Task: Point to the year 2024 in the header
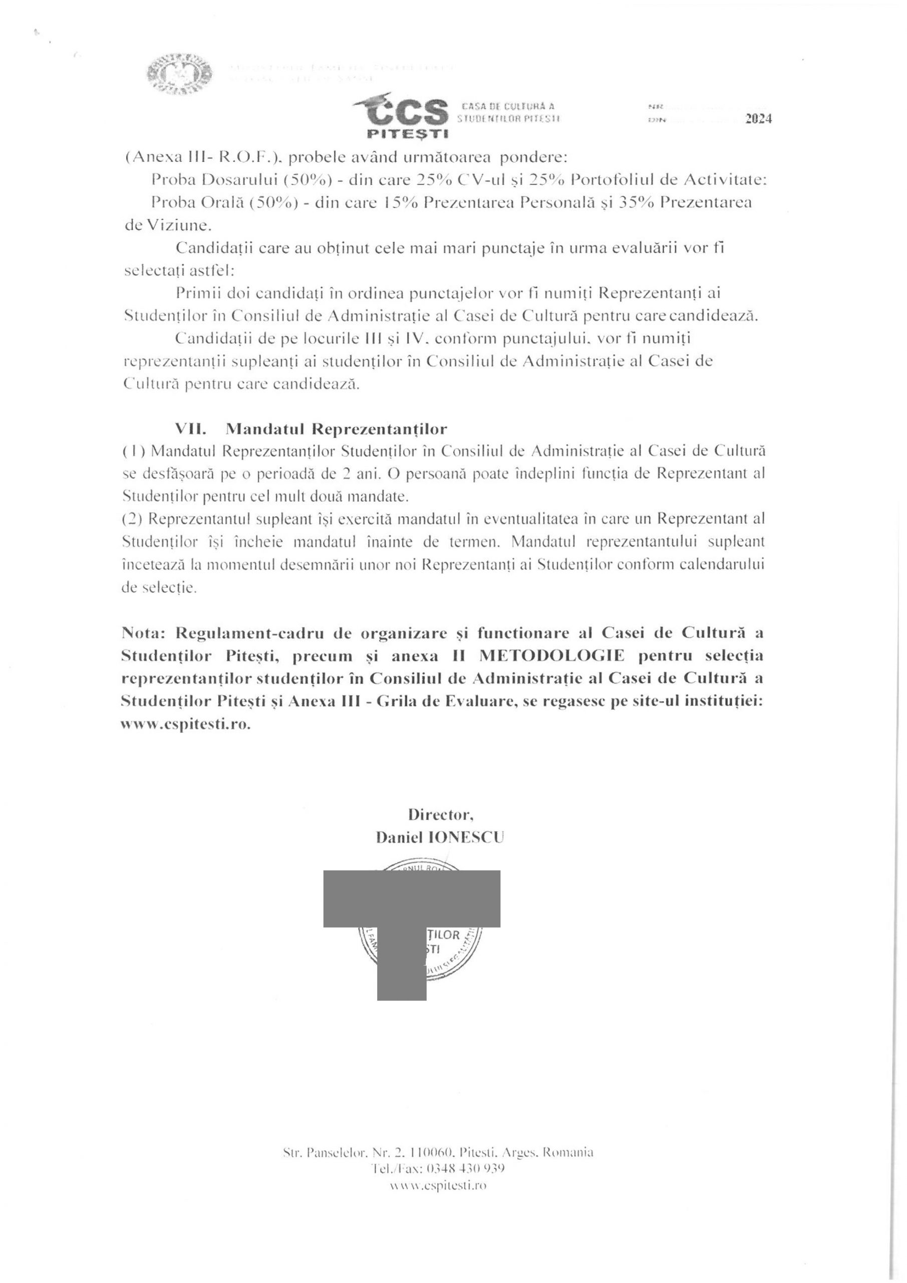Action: pyautogui.click(x=758, y=118)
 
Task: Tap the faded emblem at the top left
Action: pyautogui.click(x=180, y=73)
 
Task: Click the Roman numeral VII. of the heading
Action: pyautogui.click(x=190, y=429)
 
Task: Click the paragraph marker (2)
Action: pyautogui.click(x=133, y=519)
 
